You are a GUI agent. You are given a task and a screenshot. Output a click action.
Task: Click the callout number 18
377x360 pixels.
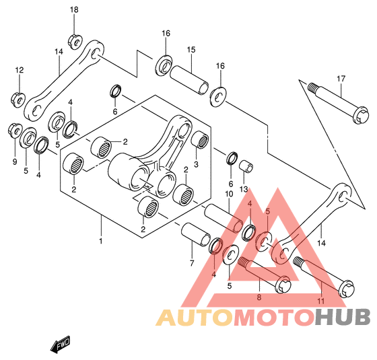pos(74,10)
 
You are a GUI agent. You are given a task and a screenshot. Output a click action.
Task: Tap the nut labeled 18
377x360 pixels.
pos(75,42)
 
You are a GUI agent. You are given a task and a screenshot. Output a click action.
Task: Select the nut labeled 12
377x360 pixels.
pos(18,100)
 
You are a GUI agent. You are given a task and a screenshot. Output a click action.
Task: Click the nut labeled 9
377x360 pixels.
pos(15,131)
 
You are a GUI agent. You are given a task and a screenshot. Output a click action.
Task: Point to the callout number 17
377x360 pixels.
pos(341,79)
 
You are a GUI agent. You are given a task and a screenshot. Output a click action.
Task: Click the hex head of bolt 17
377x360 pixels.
pos(360,115)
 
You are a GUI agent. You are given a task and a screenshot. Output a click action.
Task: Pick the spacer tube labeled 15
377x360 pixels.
pos(189,80)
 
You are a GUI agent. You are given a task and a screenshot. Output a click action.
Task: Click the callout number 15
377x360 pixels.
pos(191,50)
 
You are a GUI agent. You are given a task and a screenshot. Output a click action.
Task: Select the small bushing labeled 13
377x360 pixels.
pos(246,166)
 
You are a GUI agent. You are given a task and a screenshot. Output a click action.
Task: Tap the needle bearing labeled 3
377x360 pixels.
pos(200,140)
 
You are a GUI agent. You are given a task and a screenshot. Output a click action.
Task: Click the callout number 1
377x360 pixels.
pos(101,241)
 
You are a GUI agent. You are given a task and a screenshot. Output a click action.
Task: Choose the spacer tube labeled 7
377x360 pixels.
pos(195,235)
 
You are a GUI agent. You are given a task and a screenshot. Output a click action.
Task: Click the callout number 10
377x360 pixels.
pos(229,194)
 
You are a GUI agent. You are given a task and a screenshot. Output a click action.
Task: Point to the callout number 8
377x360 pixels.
pos(259,297)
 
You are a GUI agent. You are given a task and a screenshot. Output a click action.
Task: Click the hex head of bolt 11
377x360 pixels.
pos(347,289)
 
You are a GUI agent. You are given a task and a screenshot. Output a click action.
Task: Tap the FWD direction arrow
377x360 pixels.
pos(60,345)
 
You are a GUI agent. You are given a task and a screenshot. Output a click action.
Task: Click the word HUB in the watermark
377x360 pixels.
pos(343,317)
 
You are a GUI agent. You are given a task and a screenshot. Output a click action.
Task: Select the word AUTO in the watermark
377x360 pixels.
pos(195,318)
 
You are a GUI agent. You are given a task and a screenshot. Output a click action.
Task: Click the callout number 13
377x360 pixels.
pos(244,189)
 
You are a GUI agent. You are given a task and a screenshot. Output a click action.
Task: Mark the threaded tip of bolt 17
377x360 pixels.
pos(312,87)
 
